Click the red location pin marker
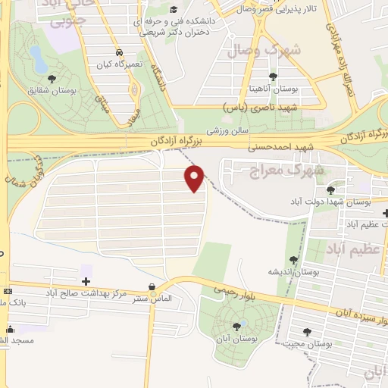click(x=196, y=177)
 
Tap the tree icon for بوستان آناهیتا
click(x=274, y=77)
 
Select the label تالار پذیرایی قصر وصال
click(x=280, y=8)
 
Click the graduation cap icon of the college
click(x=174, y=10)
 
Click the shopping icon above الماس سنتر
click(x=154, y=287)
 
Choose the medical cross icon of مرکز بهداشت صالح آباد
click(x=85, y=281)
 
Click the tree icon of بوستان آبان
click(x=237, y=326)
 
